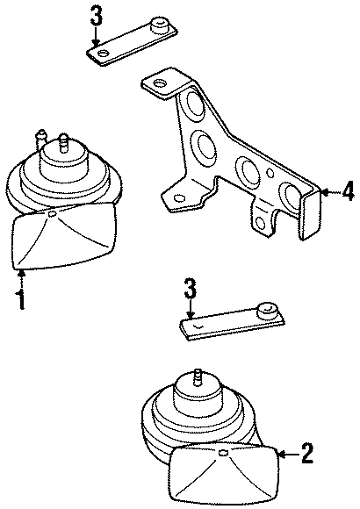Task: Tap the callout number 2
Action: (306, 453)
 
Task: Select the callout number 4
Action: (348, 190)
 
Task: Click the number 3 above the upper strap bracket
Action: (97, 15)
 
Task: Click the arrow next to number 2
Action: (286, 453)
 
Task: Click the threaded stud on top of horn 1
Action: (64, 140)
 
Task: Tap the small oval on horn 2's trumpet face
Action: (222, 453)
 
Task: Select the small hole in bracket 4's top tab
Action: (160, 84)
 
